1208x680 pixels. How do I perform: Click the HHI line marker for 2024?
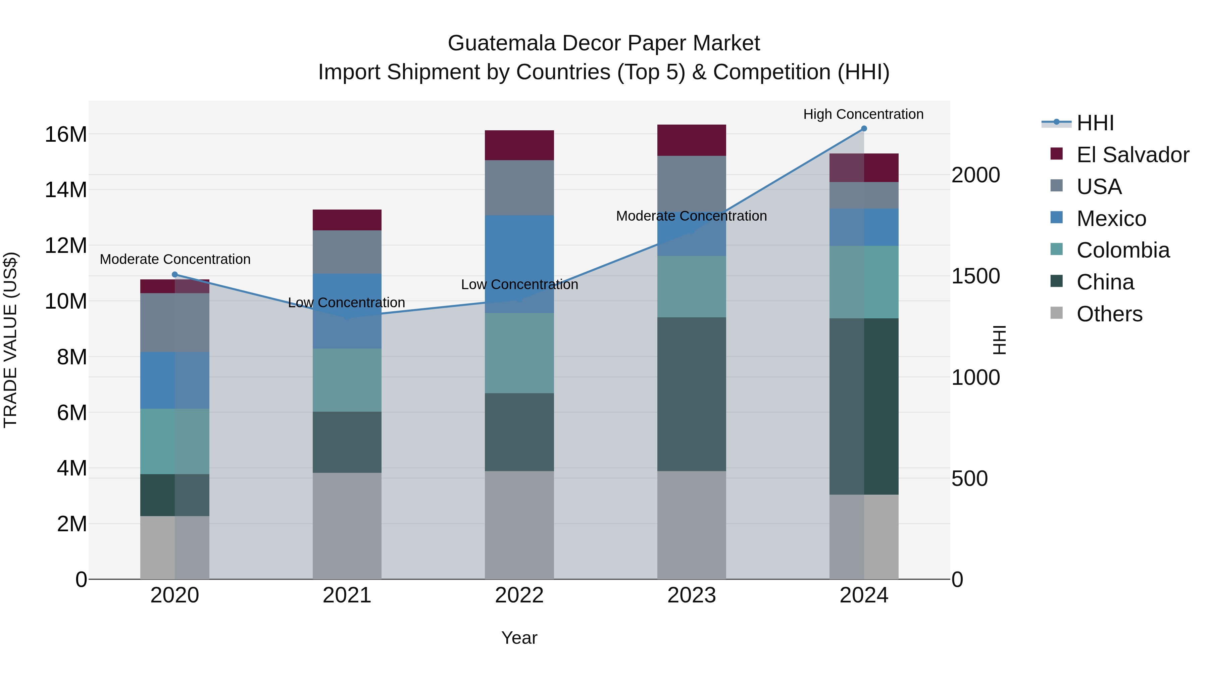click(864, 129)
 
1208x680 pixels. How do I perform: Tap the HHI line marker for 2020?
click(175, 275)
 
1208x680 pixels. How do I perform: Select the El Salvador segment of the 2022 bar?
click(519, 145)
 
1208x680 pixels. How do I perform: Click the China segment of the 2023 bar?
click(691, 394)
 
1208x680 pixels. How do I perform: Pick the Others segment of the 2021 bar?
click(347, 526)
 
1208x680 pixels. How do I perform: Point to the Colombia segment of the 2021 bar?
click(347, 380)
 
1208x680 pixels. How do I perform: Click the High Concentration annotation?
click(863, 114)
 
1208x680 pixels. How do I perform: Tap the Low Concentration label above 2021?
click(347, 303)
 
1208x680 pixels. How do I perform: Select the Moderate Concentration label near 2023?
click(691, 216)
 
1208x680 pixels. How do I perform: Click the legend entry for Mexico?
click(1111, 219)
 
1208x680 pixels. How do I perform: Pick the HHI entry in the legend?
click(1095, 123)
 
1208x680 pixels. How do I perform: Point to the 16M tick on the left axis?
click(66, 135)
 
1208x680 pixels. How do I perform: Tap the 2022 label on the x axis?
click(519, 595)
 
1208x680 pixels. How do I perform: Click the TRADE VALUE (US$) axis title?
click(10, 340)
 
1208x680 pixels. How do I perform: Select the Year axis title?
click(519, 638)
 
